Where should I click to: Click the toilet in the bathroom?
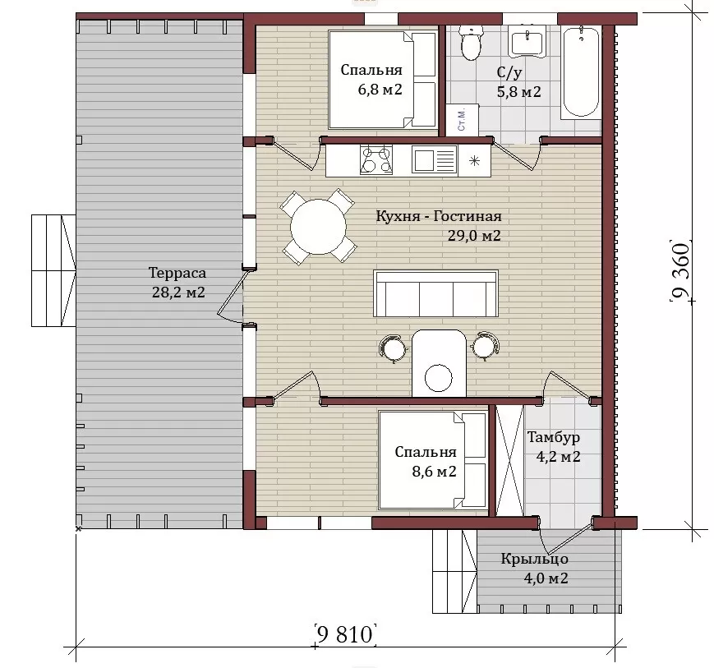pyautogui.click(x=470, y=43)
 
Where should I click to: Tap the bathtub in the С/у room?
pyautogui.click(x=581, y=72)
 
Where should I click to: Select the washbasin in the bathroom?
pyautogui.click(x=527, y=41)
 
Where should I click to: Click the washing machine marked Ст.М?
pyautogui.click(x=463, y=120)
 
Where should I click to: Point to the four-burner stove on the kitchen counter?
pyautogui.click(x=376, y=160)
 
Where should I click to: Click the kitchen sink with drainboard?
pyautogui.click(x=434, y=160)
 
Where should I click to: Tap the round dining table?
pyautogui.click(x=318, y=227)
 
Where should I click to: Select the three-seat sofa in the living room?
pyautogui.click(x=435, y=293)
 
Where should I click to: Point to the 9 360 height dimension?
pyautogui.click(x=681, y=270)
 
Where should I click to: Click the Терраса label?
pyautogui.click(x=177, y=273)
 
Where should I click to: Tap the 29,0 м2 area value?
pyautogui.click(x=474, y=236)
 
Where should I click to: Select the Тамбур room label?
pyautogui.click(x=554, y=437)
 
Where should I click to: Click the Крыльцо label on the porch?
pyautogui.click(x=535, y=559)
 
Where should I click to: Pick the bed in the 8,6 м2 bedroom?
pyautogui.click(x=433, y=460)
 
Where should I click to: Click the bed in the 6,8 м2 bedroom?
pyautogui.click(x=383, y=80)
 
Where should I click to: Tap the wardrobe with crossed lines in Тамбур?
pyautogui.click(x=509, y=460)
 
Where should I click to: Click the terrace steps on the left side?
pyautogui.click(x=53, y=270)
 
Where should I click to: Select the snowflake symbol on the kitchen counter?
pyautogui.click(x=474, y=161)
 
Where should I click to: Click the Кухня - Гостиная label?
pyautogui.click(x=439, y=216)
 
